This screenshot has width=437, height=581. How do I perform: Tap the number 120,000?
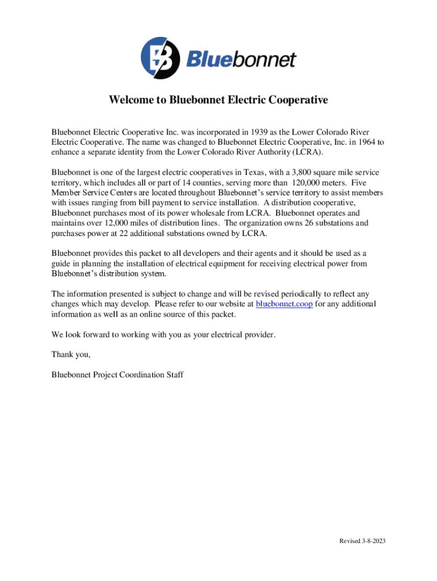click(310, 182)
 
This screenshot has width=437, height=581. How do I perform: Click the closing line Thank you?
click(71, 355)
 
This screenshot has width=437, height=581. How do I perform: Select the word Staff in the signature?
click(174, 375)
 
